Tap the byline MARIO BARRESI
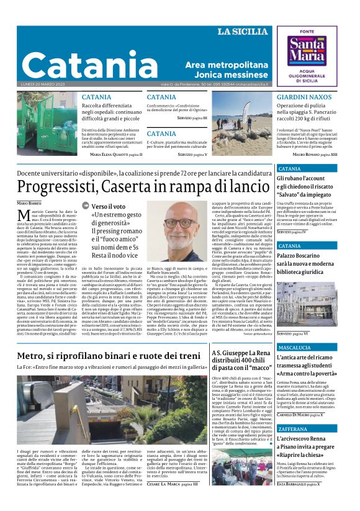pos(30,203)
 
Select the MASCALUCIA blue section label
pos(299,347)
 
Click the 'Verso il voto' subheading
pos(109,206)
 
